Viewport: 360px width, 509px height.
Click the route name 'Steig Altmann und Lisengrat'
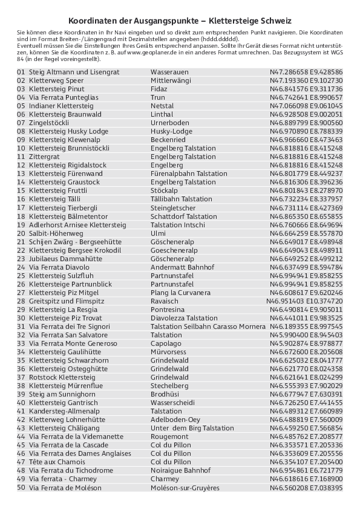pos(74,72)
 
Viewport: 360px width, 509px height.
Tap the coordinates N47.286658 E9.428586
pos(306,72)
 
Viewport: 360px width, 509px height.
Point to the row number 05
pos(21,106)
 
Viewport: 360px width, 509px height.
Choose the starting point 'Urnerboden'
pos(169,123)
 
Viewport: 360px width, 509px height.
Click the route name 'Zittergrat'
pos(44,157)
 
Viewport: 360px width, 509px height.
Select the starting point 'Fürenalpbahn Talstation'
pos(188,173)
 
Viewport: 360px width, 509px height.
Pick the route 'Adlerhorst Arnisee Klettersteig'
pos(77,225)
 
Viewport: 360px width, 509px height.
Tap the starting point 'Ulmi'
pos(158,233)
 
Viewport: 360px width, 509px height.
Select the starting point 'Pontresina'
pos(167,310)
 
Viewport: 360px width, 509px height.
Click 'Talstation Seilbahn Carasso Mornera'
pos(208,326)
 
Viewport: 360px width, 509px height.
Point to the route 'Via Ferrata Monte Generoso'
pos(73,343)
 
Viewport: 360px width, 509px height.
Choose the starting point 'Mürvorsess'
pos(169,352)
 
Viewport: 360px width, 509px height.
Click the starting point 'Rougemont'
pos(169,436)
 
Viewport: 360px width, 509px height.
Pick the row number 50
pos(21,487)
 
